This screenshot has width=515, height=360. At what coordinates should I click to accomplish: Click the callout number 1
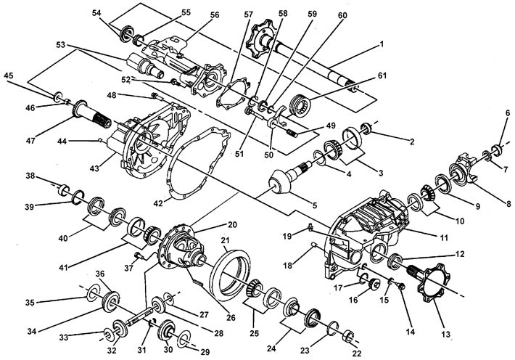point(382,44)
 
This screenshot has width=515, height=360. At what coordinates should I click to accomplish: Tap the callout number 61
point(382,75)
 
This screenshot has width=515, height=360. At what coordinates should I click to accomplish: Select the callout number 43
point(94,168)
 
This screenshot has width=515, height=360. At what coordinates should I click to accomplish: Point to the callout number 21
point(225,241)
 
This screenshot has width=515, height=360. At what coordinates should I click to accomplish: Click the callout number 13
point(445,335)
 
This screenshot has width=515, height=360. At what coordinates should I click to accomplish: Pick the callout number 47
point(31,141)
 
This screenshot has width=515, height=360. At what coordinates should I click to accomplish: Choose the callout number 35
point(30,302)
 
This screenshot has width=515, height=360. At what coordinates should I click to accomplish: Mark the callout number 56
point(215,15)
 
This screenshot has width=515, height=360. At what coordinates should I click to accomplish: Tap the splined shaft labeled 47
point(92,115)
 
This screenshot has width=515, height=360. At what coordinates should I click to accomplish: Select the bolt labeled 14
point(400,286)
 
